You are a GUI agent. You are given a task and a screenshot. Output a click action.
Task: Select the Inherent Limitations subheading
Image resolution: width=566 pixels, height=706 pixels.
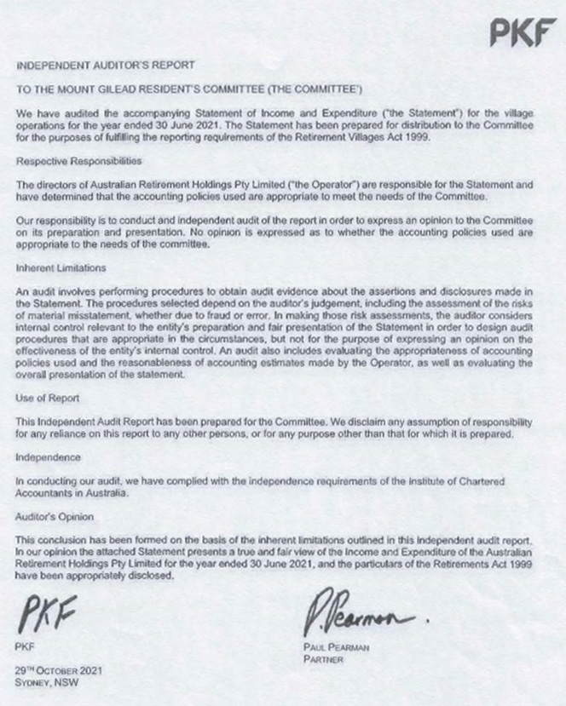tap(61, 267)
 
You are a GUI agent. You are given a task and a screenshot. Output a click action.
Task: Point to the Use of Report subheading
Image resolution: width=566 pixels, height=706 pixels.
tap(48, 398)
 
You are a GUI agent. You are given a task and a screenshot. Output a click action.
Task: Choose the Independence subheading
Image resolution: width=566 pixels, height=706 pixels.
tap(50, 456)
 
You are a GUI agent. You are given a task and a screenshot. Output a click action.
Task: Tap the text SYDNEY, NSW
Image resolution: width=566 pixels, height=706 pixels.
tap(45, 682)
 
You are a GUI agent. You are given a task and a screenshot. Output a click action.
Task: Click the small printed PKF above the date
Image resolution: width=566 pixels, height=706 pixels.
tap(25, 647)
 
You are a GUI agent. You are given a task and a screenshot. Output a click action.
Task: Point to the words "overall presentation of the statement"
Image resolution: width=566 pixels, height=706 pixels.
tap(103, 376)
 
